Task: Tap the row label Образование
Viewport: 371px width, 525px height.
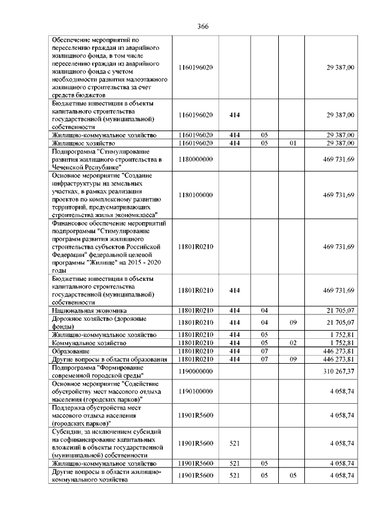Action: coord(70,351)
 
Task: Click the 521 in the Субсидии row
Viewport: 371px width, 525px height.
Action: coord(235,443)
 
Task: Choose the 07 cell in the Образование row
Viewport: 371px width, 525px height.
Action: coord(264,351)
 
